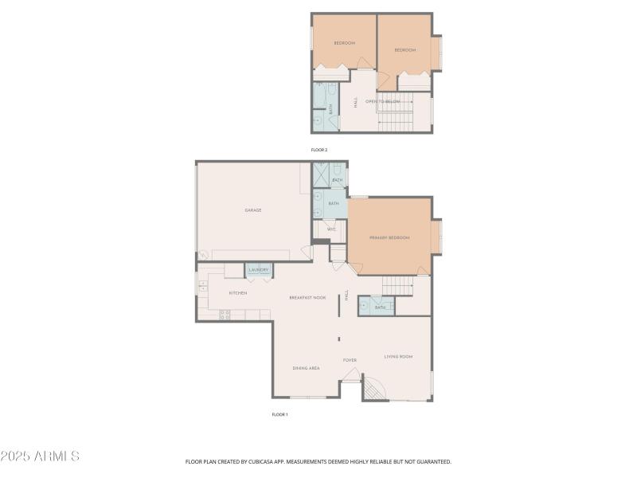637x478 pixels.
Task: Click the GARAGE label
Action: point(253,210)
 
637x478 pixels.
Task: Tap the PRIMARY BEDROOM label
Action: point(389,238)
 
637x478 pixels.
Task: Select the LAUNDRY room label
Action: point(258,271)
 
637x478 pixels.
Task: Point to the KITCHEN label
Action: point(237,293)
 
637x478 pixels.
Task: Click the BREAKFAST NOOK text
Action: point(307,298)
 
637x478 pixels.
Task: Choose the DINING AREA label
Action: point(306,368)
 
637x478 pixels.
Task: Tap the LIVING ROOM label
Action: point(398,357)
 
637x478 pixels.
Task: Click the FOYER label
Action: point(350,360)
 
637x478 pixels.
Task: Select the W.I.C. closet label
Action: point(331,229)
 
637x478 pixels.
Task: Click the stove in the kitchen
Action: point(225,314)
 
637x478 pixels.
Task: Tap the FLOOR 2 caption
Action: point(318,150)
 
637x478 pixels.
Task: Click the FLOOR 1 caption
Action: point(279,414)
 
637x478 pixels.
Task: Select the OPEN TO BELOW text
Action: point(381,102)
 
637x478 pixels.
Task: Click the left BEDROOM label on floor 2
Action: point(344,43)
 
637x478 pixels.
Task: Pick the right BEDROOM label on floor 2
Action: point(405,50)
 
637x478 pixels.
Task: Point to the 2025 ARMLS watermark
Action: point(40,456)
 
